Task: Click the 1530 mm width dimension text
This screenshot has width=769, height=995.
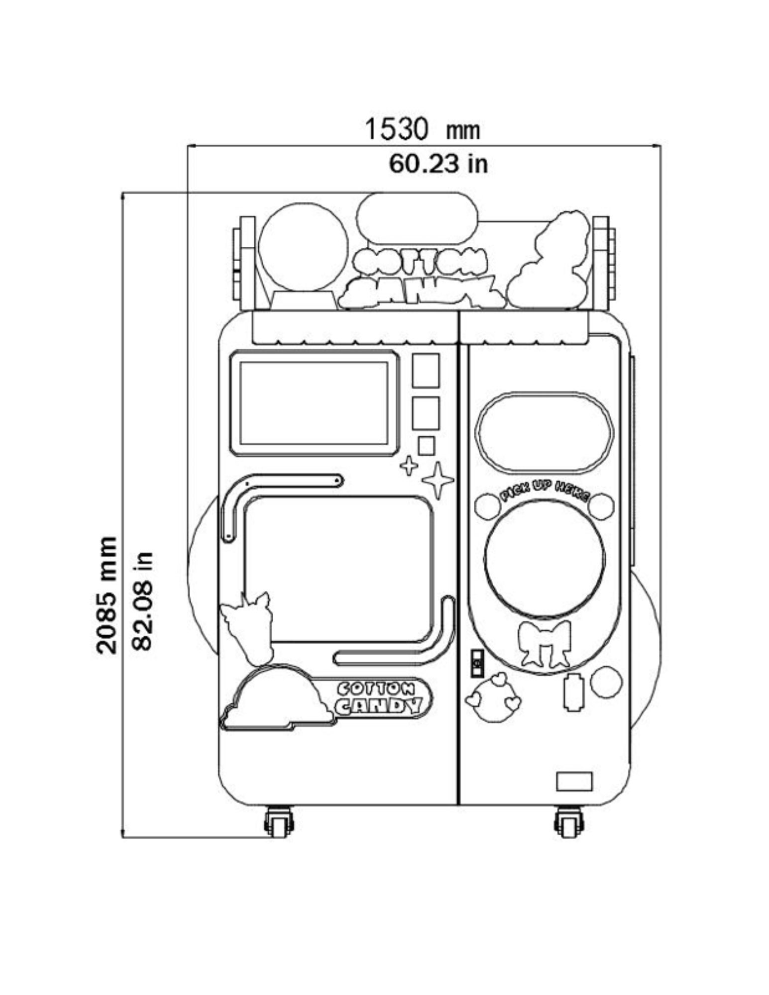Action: pyautogui.click(x=422, y=130)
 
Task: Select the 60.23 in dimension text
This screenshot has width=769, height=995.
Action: pyautogui.click(x=438, y=164)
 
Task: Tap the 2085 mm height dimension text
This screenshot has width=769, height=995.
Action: pyautogui.click(x=107, y=595)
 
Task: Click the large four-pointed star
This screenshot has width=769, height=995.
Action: pyautogui.click(x=438, y=480)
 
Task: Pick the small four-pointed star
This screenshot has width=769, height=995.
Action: pyautogui.click(x=409, y=466)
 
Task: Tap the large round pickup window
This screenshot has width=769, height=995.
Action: pyautogui.click(x=545, y=561)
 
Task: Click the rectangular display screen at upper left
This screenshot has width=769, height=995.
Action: pyautogui.click(x=314, y=403)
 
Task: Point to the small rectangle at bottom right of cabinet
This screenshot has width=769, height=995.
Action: pyautogui.click(x=574, y=781)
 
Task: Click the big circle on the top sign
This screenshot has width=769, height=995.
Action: pyautogui.click(x=303, y=247)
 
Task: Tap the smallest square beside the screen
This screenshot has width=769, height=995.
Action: pyautogui.click(x=426, y=445)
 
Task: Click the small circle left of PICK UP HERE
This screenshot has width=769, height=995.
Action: pyautogui.click(x=487, y=506)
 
